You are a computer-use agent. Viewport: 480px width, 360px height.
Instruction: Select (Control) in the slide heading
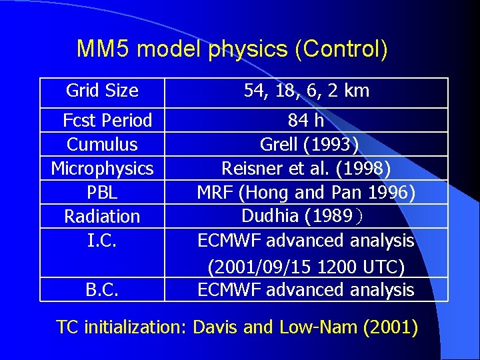(345, 49)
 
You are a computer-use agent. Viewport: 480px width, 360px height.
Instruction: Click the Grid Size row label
(102, 91)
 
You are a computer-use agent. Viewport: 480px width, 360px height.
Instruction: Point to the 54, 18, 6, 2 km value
(306, 91)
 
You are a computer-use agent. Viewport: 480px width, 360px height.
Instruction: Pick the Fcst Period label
(107, 121)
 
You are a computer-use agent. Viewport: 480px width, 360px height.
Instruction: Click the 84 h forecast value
(306, 121)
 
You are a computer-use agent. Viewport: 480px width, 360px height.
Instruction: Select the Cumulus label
(102, 145)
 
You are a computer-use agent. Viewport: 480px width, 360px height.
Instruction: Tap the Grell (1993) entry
(306, 145)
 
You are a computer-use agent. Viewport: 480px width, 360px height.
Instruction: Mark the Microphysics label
(102, 169)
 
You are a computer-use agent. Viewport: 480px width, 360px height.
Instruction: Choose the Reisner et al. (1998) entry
(306, 169)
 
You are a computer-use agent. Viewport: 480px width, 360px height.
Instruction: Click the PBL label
(102, 193)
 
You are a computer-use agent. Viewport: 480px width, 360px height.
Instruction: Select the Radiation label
(102, 217)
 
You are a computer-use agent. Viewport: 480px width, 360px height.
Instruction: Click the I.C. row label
(103, 240)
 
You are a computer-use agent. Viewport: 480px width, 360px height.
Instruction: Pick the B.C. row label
(102, 290)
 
